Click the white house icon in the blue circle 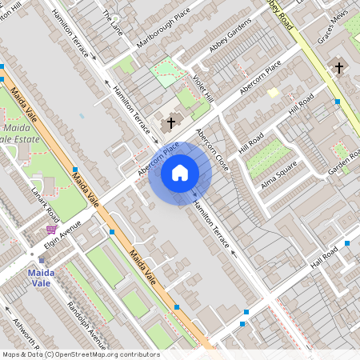tap(180, 172)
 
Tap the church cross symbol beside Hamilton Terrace tap(170, 123)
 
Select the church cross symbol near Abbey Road tap(338, 67)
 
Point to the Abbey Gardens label tap(230, 38)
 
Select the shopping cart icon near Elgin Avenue tap(51, 230)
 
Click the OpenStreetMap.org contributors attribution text tap(114, 354)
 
